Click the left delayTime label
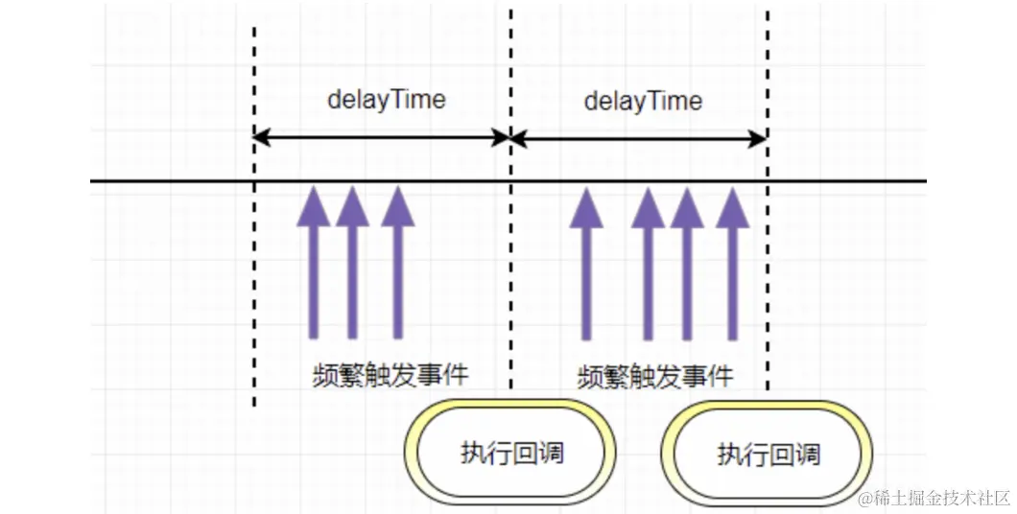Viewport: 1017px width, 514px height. [387, 100]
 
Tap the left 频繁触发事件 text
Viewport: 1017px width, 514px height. [390, 374]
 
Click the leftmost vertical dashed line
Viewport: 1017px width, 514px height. [254, 288]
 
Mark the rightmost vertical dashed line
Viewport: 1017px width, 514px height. [768, 288]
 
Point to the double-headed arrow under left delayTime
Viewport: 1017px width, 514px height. [382, 138]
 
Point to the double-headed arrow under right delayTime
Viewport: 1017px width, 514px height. [639, 139]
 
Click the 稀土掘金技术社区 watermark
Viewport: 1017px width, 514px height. [934, 498]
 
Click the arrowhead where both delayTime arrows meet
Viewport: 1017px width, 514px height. [509, 138]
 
